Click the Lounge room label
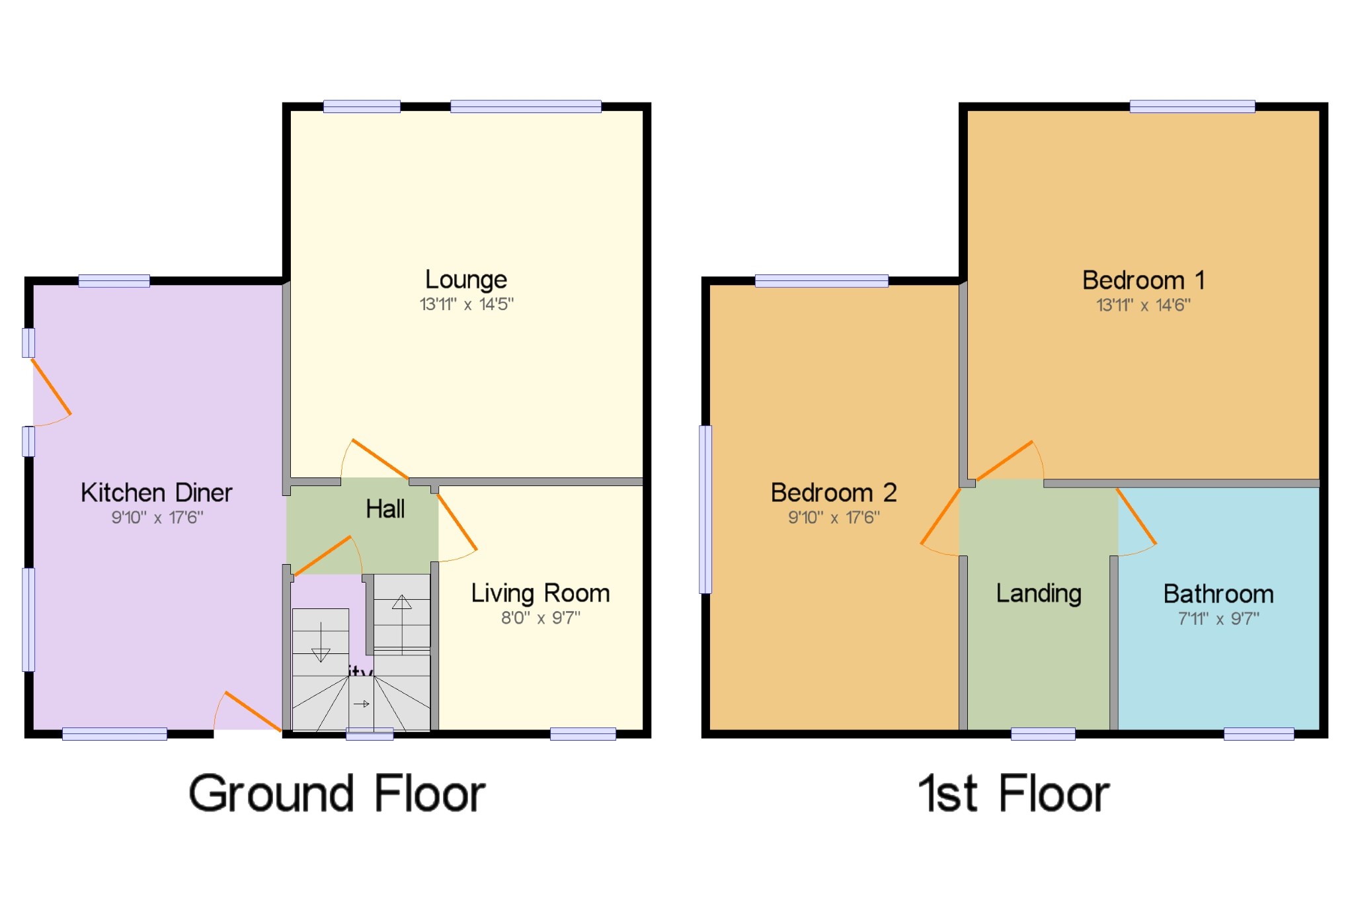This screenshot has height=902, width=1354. (466, 280)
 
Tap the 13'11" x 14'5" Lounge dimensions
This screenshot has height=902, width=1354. (466, 304)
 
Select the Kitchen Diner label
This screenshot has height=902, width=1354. (157, 493)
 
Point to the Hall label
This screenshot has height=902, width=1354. (385, 509)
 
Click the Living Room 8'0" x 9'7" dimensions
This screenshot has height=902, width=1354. (540, 618)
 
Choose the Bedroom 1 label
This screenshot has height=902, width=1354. (1143, 280)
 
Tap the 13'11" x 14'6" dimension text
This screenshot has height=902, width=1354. (1143, 305)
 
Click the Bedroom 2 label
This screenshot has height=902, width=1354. (834, 493)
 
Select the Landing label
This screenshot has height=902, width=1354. (1039, 593)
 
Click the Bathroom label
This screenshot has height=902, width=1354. (1218, 594)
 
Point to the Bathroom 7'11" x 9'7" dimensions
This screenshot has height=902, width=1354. (1218, 619)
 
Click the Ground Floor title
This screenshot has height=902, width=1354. (337, 794)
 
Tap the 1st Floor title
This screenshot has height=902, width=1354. (1014, 794)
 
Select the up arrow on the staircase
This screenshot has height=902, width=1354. (402, 615)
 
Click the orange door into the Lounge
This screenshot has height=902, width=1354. (380, 459)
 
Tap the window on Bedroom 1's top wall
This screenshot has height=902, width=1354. (1192, 106)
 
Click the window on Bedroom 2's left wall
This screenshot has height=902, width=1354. (706, 509)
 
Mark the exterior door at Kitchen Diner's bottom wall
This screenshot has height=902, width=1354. (253, 712)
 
